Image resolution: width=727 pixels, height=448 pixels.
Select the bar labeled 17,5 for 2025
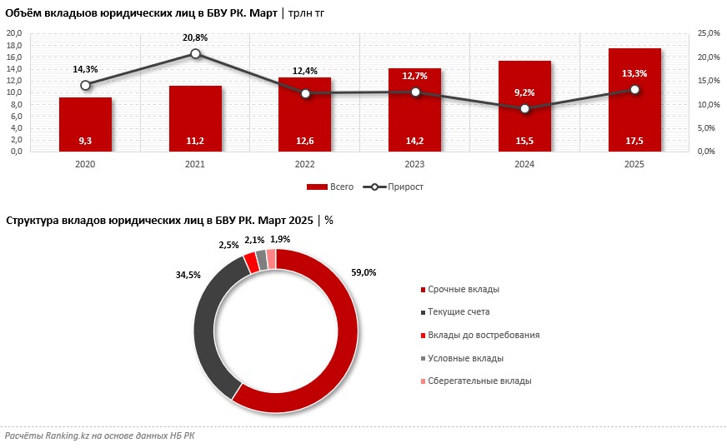634,100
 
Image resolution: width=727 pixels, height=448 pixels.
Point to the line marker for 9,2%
524,108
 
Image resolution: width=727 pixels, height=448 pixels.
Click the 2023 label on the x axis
414,165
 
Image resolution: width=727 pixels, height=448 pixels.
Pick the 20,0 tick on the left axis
14,33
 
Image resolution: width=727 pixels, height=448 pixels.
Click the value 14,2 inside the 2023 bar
414,142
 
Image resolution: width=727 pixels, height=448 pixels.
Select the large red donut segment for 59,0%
342,350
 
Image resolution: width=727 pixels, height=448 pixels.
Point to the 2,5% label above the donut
229,245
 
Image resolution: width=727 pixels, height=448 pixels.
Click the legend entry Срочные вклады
464,289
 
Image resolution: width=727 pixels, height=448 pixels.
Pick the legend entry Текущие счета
459,311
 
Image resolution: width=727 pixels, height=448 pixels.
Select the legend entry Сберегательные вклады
479,381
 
